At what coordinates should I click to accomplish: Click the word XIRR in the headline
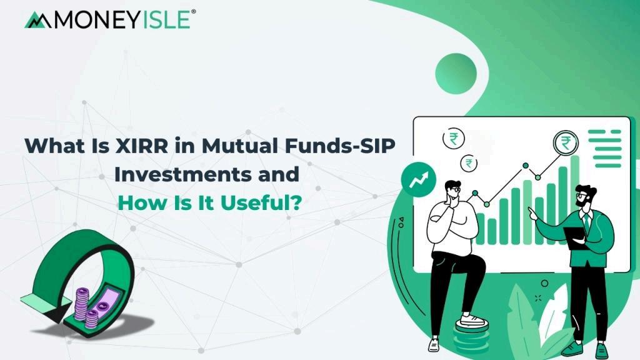[x=142, y=146]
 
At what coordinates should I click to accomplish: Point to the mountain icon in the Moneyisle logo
[x=38, y=20]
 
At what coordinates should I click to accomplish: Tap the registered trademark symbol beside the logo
[x=194, y=12]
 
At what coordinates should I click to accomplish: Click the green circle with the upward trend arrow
[x=418, y=179]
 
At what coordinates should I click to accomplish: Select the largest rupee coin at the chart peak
[x=566, y=143]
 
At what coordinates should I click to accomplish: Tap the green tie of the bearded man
[x=586, y=223]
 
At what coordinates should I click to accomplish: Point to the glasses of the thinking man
[x=455, y=189]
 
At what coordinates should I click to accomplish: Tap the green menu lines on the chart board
[x=605, y=149]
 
